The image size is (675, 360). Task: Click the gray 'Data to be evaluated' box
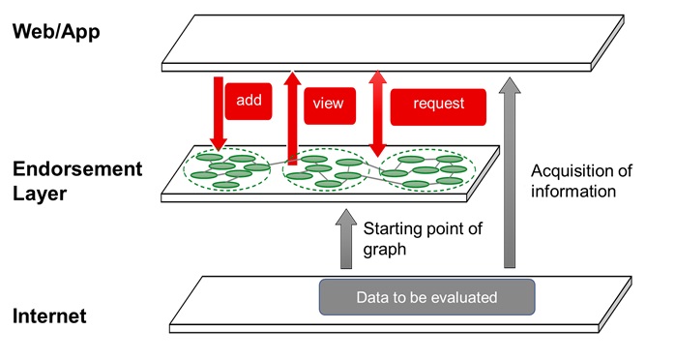426,297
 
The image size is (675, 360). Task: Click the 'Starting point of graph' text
422,240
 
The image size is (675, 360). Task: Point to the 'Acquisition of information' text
581,181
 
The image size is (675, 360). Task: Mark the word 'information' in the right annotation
573,192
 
